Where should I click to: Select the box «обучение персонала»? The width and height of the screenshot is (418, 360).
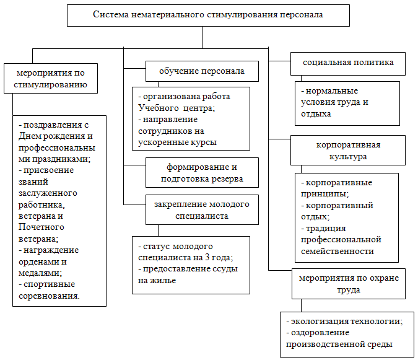(202, 71)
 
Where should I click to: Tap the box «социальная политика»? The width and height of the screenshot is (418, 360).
(348, 64)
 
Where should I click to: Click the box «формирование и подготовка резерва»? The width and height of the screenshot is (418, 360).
(202, 172)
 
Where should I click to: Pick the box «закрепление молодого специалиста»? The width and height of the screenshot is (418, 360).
(202, 209)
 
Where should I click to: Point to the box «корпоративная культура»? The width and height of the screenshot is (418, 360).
(348, 150)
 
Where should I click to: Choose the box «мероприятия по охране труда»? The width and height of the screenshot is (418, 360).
(349, 284)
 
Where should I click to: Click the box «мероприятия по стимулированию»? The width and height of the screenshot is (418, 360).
(51, 79)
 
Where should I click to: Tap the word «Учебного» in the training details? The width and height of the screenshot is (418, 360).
(159, 108)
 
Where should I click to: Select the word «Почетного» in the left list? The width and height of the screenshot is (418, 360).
(41, 227)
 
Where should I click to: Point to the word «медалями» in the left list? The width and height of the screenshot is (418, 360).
(40, 273)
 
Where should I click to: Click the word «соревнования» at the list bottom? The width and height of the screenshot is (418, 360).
(49, 296)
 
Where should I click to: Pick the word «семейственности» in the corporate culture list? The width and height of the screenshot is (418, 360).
(337, 251)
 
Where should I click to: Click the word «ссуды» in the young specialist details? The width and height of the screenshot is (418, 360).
(225, 269)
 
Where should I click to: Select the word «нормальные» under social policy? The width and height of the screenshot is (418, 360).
(332, 91)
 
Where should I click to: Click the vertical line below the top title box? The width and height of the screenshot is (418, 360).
(202, 37)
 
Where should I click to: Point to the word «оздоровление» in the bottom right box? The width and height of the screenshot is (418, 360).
(320, 333)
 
